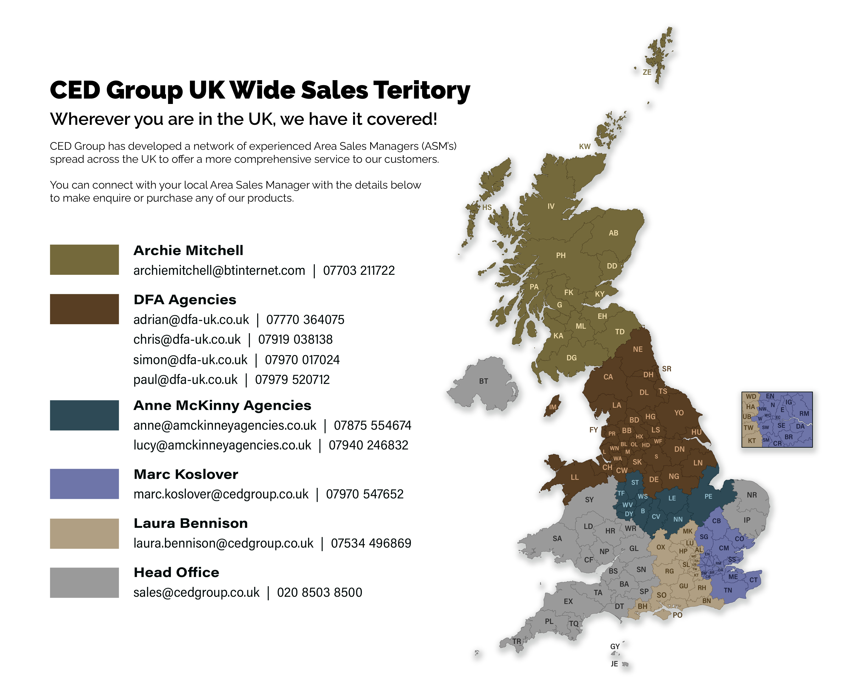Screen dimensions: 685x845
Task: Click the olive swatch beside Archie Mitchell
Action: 84,260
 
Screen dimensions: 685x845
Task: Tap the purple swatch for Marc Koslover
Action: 84,484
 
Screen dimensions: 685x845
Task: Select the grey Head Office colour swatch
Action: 84,582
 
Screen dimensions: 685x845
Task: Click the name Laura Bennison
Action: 191,523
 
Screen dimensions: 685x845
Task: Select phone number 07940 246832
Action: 368,445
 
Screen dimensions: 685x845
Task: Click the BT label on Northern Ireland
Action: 483,381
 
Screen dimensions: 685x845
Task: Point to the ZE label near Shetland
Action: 647,72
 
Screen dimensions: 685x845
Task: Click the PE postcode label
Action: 708,496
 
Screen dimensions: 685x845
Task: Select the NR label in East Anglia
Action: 752,495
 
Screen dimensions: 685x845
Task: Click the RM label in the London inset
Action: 804,414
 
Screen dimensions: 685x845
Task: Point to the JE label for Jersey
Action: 614,664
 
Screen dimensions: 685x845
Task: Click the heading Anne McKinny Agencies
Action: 222,405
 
